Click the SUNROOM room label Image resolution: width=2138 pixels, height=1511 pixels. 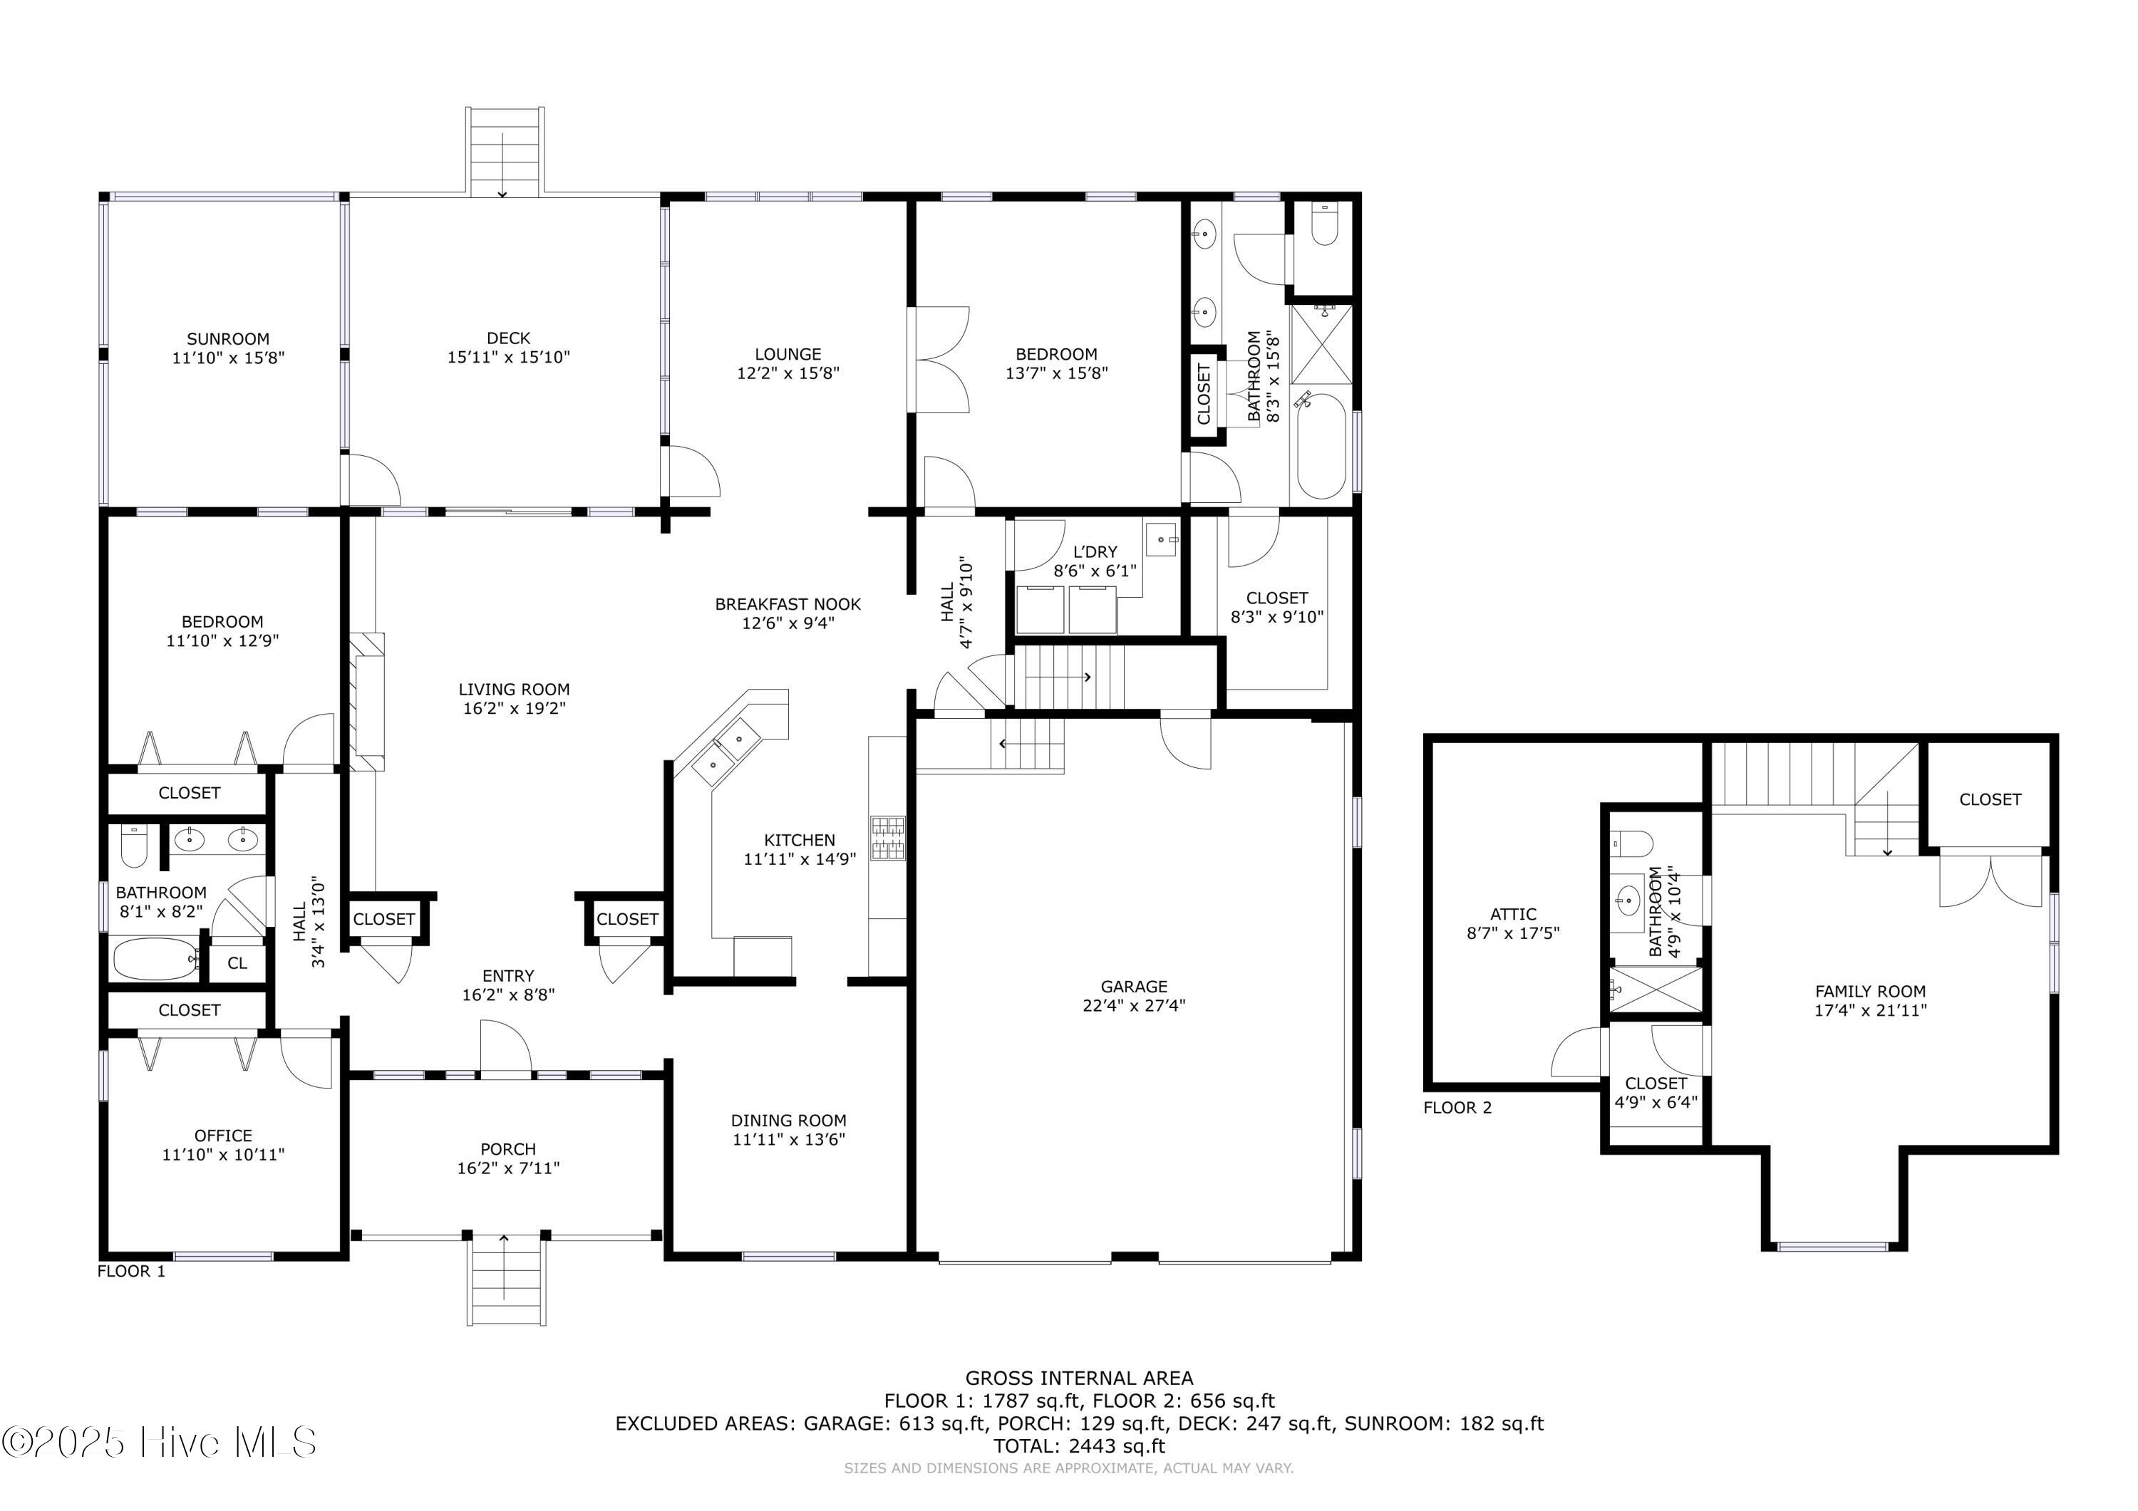point(228,339)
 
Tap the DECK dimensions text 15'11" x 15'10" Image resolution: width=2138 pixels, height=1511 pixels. point(508,357)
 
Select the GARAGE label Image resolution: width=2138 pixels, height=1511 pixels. point(1133,986)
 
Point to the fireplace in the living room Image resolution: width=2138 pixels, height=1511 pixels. point(367,701)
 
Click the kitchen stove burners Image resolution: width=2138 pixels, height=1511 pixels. point(887,837)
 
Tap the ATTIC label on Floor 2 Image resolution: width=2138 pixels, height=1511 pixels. point(1513,914)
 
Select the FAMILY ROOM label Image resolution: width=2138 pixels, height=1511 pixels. point(1871,992)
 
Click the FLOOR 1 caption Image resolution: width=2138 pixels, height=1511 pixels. point(131,1271)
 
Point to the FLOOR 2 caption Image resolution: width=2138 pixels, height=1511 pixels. point(1457,1107)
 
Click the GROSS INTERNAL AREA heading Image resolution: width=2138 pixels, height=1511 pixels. point(1079,1378)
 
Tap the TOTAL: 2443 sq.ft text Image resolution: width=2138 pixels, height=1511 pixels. point(1079,1446)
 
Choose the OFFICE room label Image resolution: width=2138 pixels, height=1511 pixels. point(224,1135)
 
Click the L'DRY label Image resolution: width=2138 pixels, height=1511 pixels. point(1095,551)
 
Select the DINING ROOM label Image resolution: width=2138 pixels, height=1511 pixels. point(789,1120)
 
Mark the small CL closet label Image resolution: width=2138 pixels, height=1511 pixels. point(237,962)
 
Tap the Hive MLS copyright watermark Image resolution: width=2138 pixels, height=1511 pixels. point(159,1442)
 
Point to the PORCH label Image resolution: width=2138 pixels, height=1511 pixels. point(508,1149)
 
